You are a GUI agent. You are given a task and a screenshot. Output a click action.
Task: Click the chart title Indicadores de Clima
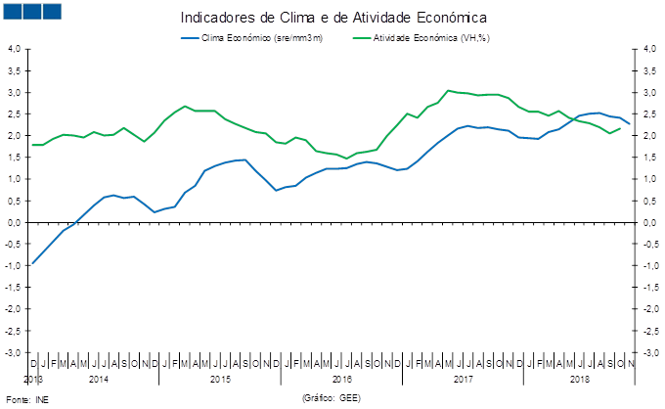333,17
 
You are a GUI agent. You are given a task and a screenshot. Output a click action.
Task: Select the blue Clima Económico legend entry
248,38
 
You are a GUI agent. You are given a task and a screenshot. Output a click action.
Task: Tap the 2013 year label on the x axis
32,377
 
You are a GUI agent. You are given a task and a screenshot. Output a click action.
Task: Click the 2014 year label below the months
98,377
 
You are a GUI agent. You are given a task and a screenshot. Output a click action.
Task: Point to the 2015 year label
220,377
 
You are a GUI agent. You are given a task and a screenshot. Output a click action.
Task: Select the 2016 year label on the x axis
341,377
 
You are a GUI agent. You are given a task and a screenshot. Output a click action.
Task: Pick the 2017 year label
463,377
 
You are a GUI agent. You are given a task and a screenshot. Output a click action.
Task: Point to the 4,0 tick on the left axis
15,49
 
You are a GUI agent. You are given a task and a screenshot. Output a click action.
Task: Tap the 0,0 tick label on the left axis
15,222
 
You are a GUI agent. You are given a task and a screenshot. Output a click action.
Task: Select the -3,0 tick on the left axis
15,352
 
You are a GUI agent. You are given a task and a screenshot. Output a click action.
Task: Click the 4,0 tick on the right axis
648,49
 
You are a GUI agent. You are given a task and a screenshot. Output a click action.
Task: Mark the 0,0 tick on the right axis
648,222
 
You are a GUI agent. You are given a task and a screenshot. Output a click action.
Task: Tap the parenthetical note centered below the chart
332,397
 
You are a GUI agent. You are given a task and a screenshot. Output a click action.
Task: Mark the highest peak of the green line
447,90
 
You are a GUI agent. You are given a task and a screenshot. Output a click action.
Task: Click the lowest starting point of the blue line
32,264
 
